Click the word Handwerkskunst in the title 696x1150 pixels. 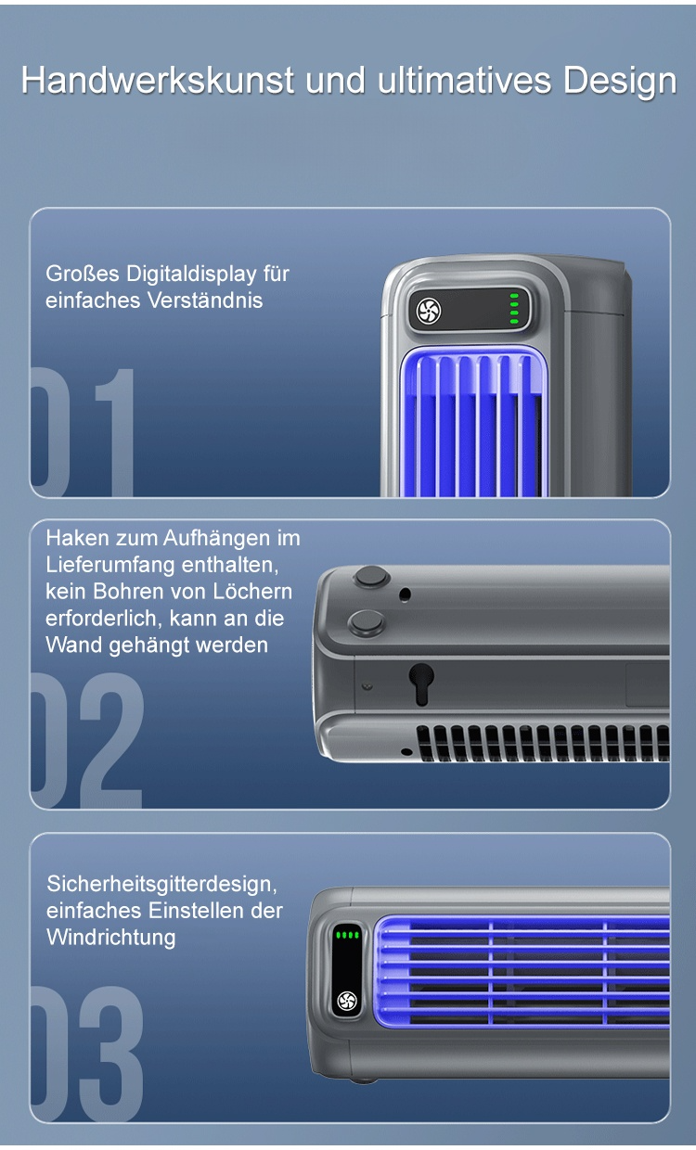[158, 81]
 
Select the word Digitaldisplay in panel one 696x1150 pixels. [191, 275]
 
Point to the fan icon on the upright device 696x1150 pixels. [429, 311]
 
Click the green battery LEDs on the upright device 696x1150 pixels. [514, 308]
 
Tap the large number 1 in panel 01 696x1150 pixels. [114, 432]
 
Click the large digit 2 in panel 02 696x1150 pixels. [111, 740]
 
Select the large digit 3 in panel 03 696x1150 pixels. [111, 1054]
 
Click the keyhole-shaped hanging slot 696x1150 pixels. [421, 683]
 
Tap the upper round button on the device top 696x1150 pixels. [371, 577]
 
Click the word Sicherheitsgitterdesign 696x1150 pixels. [161, 885]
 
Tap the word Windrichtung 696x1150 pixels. [111, 938]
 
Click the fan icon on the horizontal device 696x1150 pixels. [347, 1001]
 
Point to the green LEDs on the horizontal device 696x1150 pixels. [347, 935]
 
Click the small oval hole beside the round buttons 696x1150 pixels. [405, 594]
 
